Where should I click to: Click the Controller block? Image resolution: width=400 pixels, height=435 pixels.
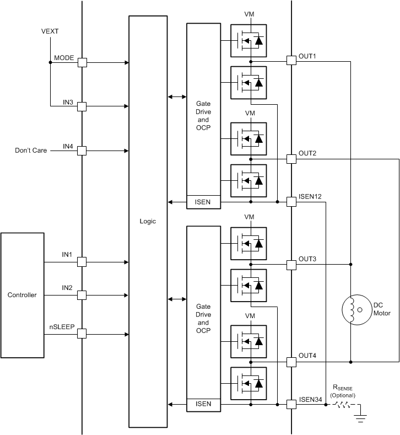pos(22,295)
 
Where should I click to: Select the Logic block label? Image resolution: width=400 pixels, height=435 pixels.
pos(148,221)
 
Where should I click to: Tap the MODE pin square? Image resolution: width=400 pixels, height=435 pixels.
pos(82,62)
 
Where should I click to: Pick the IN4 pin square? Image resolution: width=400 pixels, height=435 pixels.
pos(82,151)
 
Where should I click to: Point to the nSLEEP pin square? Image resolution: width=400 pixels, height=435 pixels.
pos(82,334)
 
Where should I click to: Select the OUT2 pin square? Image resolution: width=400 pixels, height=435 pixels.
pos(291,159)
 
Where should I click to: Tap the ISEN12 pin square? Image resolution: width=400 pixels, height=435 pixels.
pos(291,202)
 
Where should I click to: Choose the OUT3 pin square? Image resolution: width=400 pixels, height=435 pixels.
pos(291,265)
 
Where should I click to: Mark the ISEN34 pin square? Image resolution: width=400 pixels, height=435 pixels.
pos(291,405)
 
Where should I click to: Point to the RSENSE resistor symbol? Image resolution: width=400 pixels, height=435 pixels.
pos(341,405)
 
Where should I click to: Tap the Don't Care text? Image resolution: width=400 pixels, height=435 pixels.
pos(31,150)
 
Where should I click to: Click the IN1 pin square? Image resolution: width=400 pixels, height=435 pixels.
pos(82,261)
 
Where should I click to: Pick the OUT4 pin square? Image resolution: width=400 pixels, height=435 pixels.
pos(291,362)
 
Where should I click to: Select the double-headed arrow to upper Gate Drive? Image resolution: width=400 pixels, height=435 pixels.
pos(177,97)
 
